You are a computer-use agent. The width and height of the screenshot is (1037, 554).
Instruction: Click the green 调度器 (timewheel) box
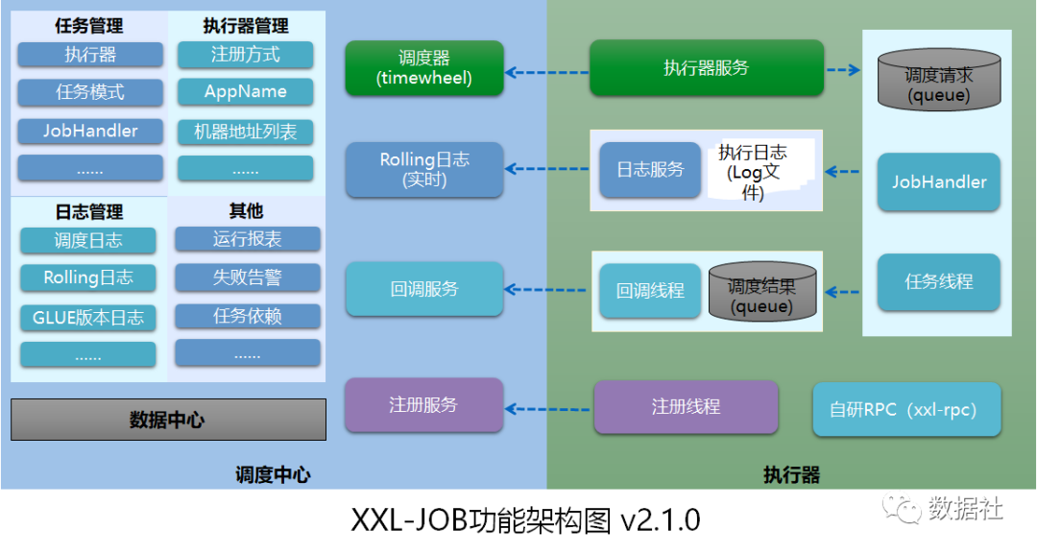(x=424, y=68)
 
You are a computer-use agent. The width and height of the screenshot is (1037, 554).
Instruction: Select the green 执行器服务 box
(x=706, y=68)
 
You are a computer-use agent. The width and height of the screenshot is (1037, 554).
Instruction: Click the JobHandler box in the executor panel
(x=938, y=181)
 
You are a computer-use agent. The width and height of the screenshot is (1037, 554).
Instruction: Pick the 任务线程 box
(x=938, y=281)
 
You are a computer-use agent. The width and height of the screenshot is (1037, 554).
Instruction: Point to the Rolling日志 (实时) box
(x=424, y=169)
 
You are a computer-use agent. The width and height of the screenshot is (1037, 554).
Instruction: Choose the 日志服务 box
(x=650, y=169)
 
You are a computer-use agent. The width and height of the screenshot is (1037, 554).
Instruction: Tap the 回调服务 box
(x=424, y=289)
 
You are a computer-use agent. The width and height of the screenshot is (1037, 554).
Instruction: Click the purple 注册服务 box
(x=423, y=405)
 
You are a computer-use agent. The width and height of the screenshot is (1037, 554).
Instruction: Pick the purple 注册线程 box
(x=686, y=406)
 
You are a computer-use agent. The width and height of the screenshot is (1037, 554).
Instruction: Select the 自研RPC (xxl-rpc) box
(x=906, y=410)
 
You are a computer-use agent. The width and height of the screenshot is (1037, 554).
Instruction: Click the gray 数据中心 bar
(x=168, y=420)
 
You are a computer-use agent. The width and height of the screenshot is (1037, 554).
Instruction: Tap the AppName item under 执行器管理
(x=245, y=92)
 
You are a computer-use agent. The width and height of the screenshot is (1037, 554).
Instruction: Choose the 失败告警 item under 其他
(x=247, y=277)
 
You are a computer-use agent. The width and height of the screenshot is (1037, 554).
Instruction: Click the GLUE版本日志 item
(x=87, y=317)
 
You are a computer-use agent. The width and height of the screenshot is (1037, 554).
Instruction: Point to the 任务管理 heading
(x=89, y=26)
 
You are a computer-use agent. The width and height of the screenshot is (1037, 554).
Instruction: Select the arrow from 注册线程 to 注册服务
(x=547, y=408)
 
